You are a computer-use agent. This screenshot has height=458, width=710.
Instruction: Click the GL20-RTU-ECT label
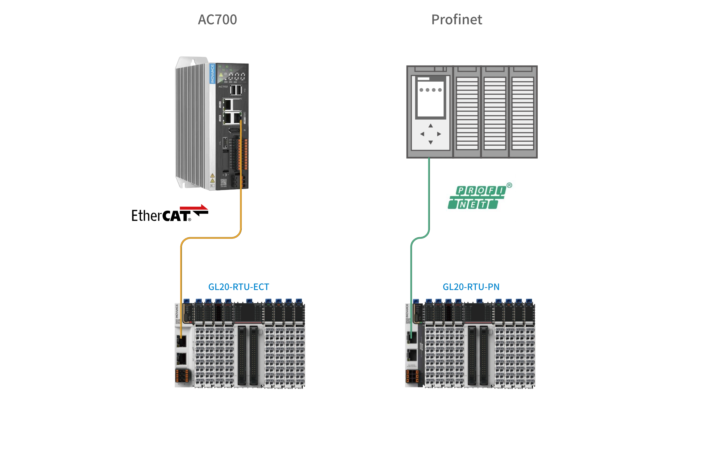point(238,287)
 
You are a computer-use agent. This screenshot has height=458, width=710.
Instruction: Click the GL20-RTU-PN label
point(471,287)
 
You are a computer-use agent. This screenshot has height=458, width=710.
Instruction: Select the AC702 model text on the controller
point(223,86)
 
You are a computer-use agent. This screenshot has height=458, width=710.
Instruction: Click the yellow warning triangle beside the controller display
point(221,74)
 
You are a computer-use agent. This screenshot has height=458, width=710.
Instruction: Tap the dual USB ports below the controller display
point(236,90)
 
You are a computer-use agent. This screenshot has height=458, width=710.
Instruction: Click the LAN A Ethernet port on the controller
point(228,104)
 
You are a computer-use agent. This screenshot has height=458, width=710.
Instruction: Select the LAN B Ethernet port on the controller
point(228,118)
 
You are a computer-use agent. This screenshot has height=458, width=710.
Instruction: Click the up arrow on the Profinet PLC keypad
point(430,125)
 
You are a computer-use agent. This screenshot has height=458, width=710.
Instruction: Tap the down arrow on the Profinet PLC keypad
point(430,143)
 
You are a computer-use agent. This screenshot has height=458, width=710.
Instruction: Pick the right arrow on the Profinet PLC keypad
point(439,134)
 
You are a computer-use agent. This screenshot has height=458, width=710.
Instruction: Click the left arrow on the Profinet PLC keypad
point(422,134)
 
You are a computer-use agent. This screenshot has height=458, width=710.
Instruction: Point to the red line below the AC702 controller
point(193,208)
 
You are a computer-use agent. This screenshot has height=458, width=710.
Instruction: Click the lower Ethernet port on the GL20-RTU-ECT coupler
point(181,359)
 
